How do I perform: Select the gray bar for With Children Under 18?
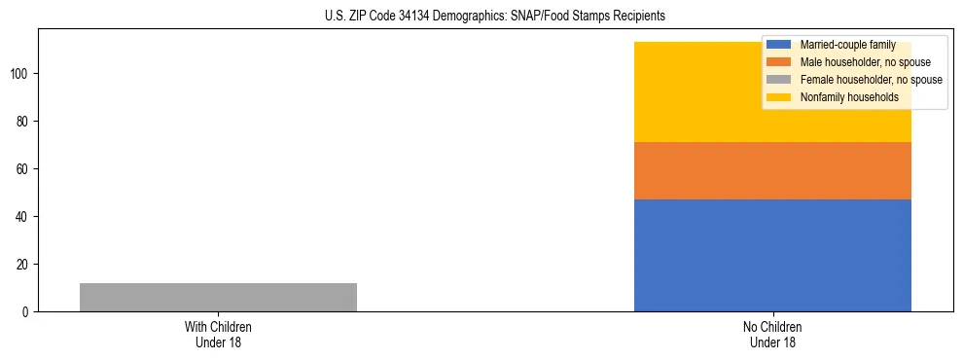218,297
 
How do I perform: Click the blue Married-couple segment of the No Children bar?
772,255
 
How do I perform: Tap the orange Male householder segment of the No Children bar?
772,170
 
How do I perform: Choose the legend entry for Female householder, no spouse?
871,80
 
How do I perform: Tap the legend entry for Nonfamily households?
849,97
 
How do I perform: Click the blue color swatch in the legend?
779,45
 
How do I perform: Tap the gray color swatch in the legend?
779,80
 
